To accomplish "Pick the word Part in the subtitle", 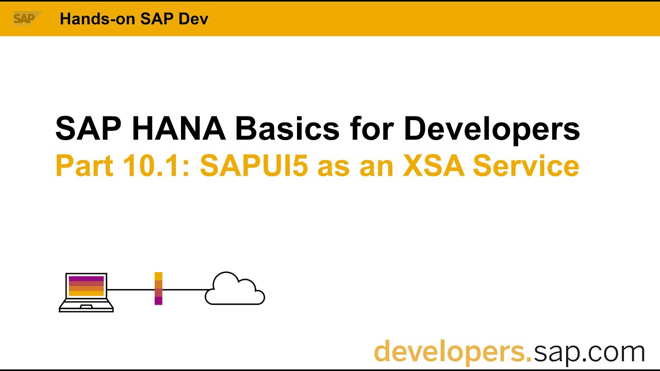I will coord(85,166).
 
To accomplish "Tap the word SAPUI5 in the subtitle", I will coord(253,166).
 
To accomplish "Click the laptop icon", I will coord(86,292).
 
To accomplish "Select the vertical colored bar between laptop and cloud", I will coord(158,289).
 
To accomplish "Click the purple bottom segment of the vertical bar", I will coord(158,300).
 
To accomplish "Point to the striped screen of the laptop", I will coord(86,286).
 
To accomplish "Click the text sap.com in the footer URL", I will coord(589,351).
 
